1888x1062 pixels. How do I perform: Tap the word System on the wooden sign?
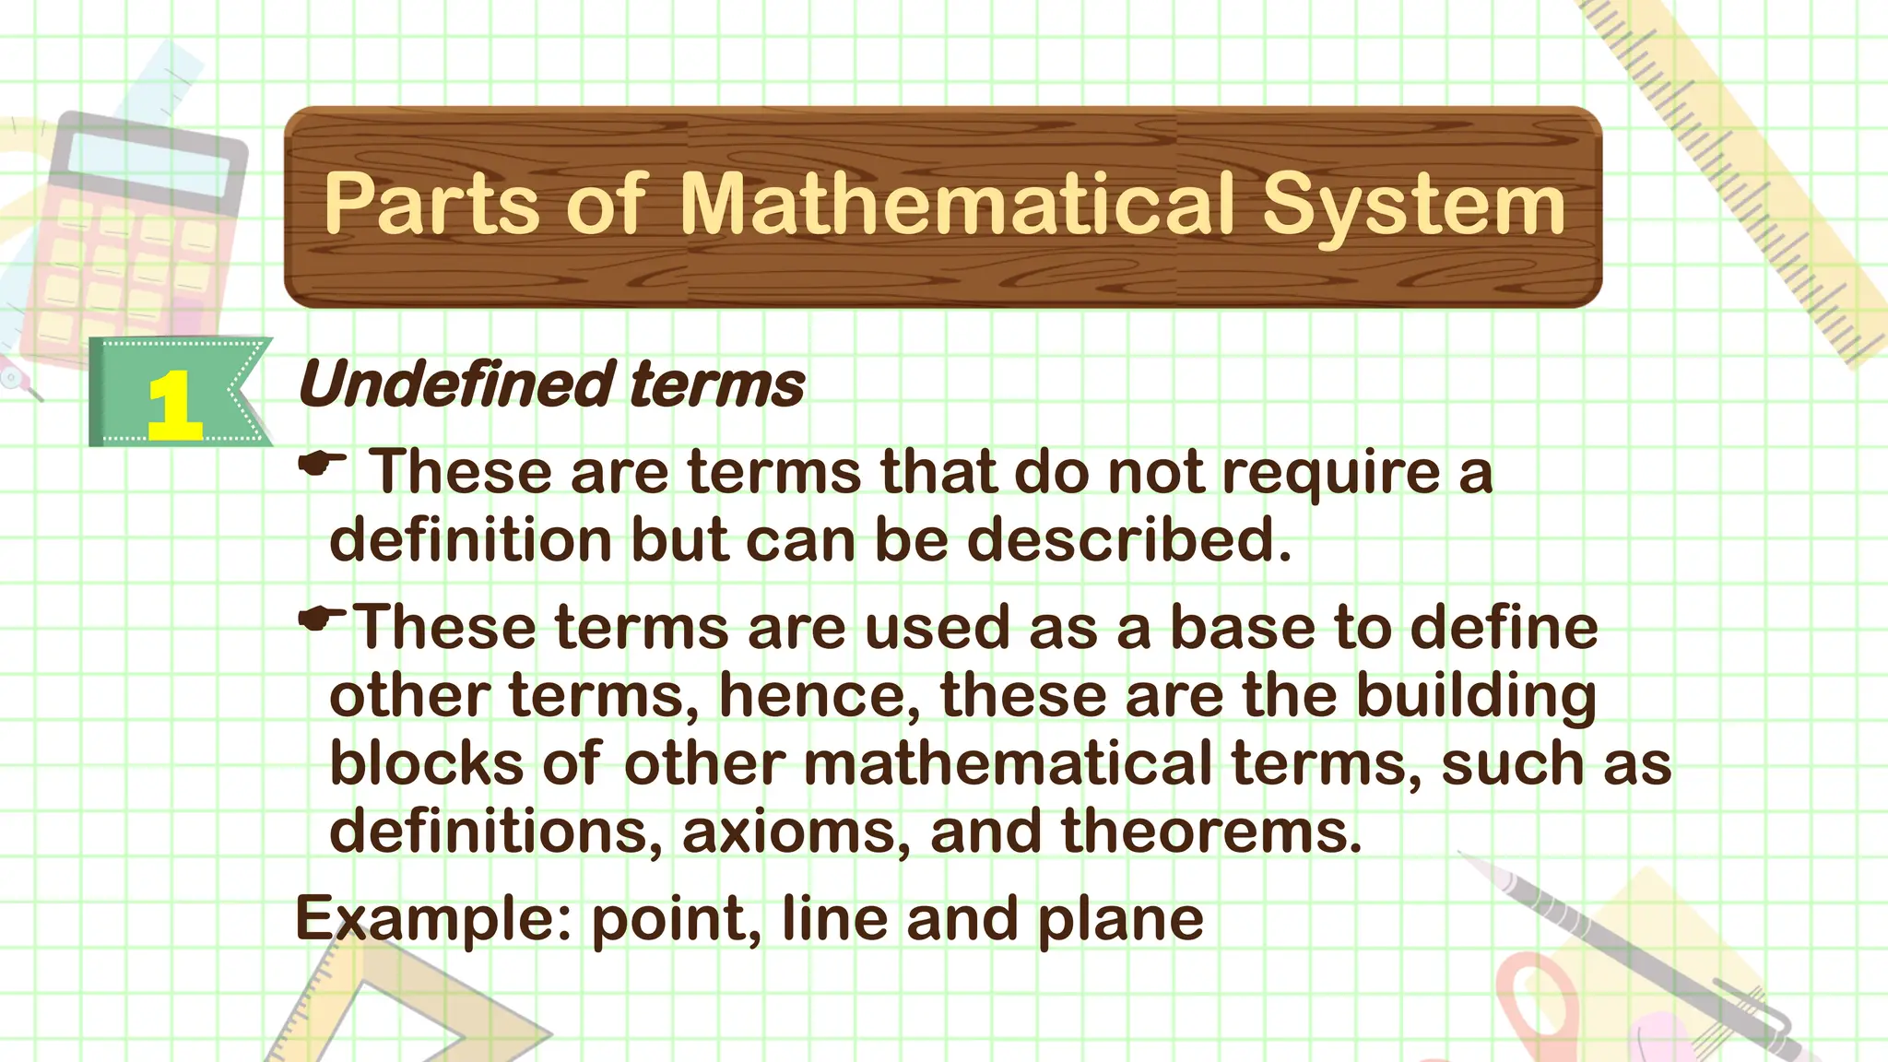click(1413, 206)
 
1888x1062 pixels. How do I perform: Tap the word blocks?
click(425, 763)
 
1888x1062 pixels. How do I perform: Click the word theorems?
click(1209, 832)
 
